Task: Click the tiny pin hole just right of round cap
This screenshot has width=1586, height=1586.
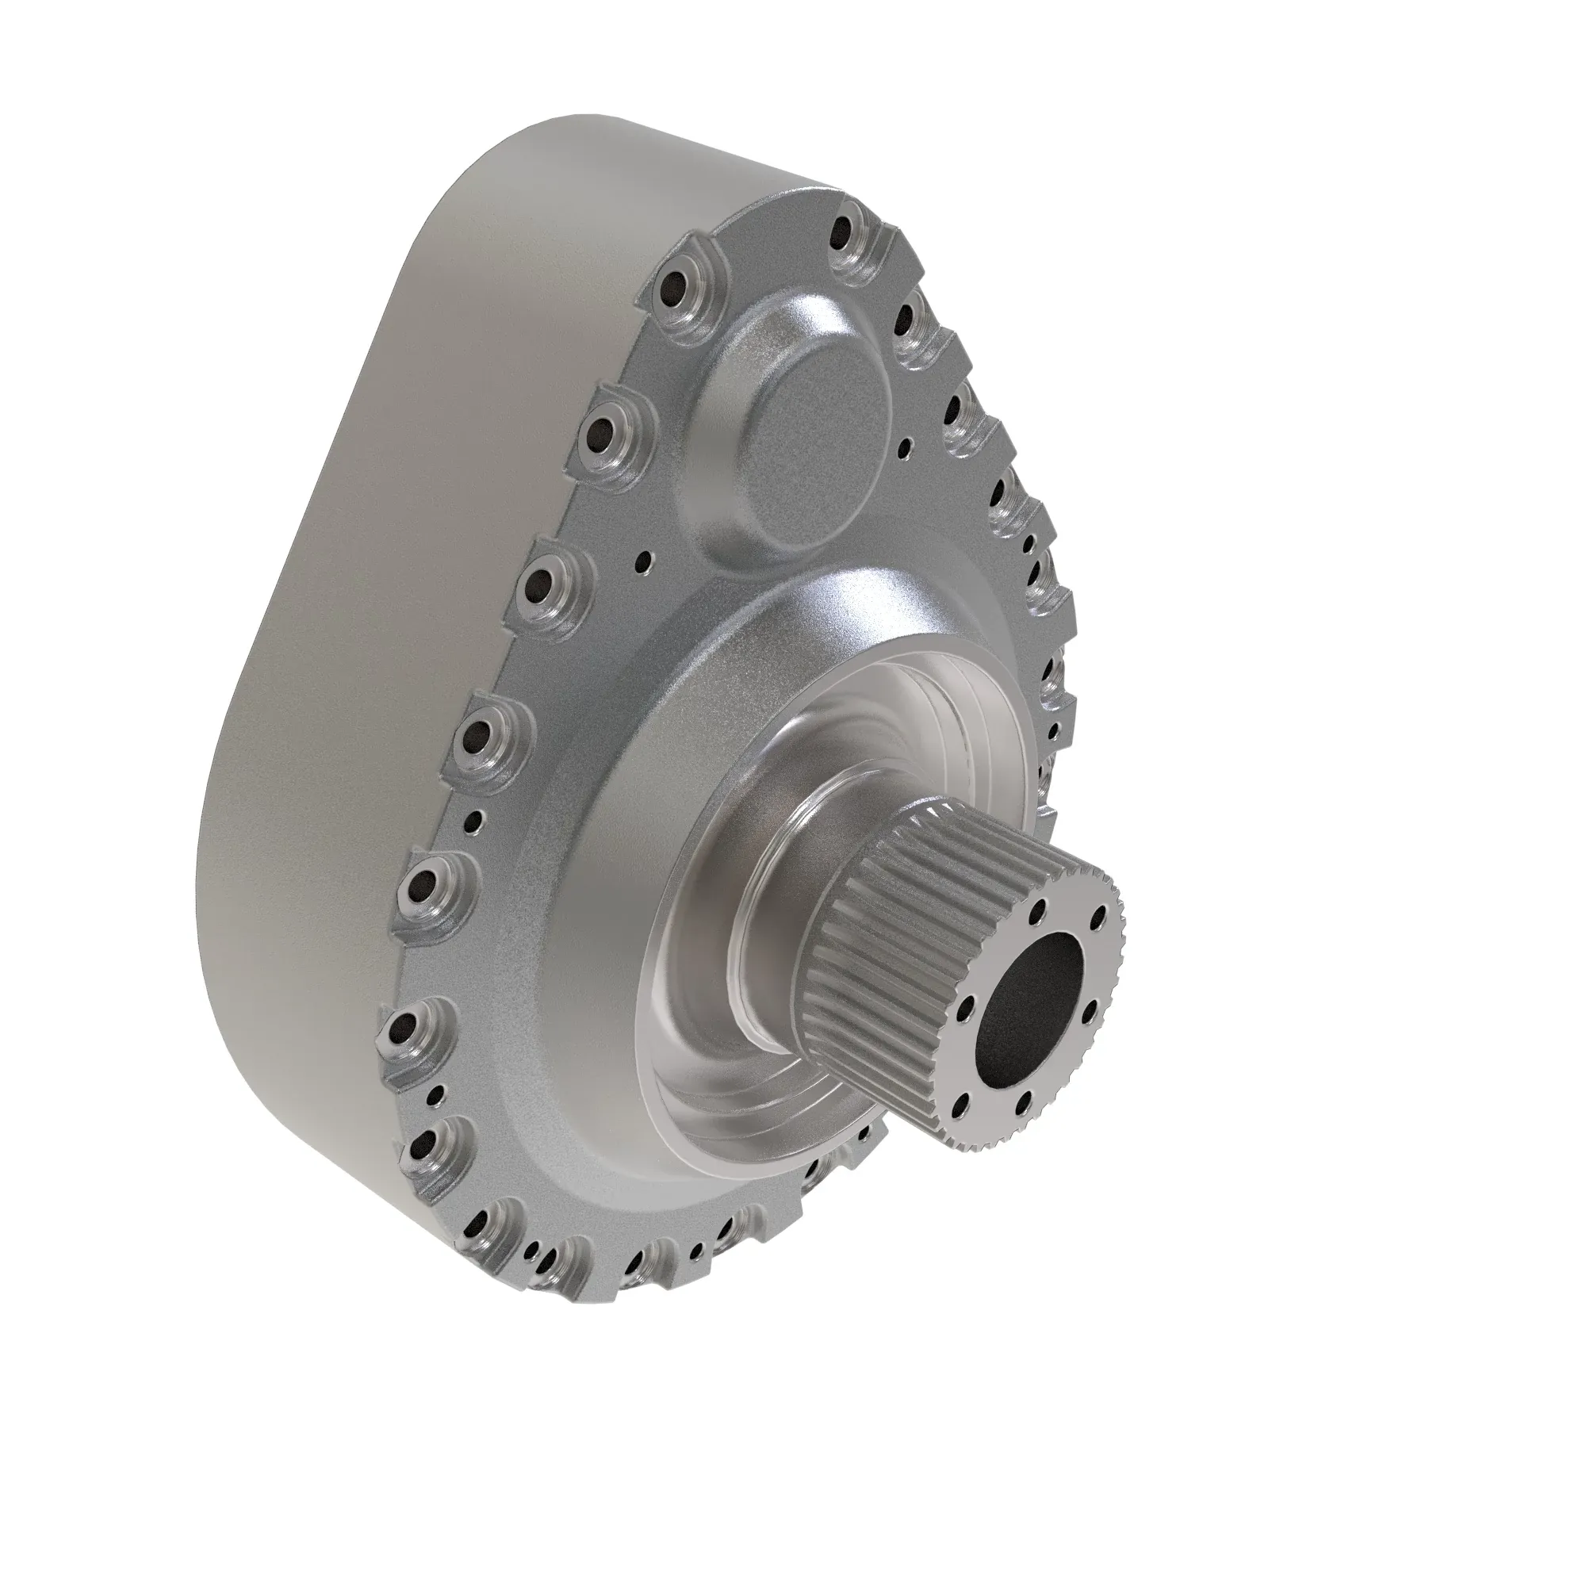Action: [905, 446]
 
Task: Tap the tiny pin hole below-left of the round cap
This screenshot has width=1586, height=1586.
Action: [646, 562]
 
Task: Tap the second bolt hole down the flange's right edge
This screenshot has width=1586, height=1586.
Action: [910, 320]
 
